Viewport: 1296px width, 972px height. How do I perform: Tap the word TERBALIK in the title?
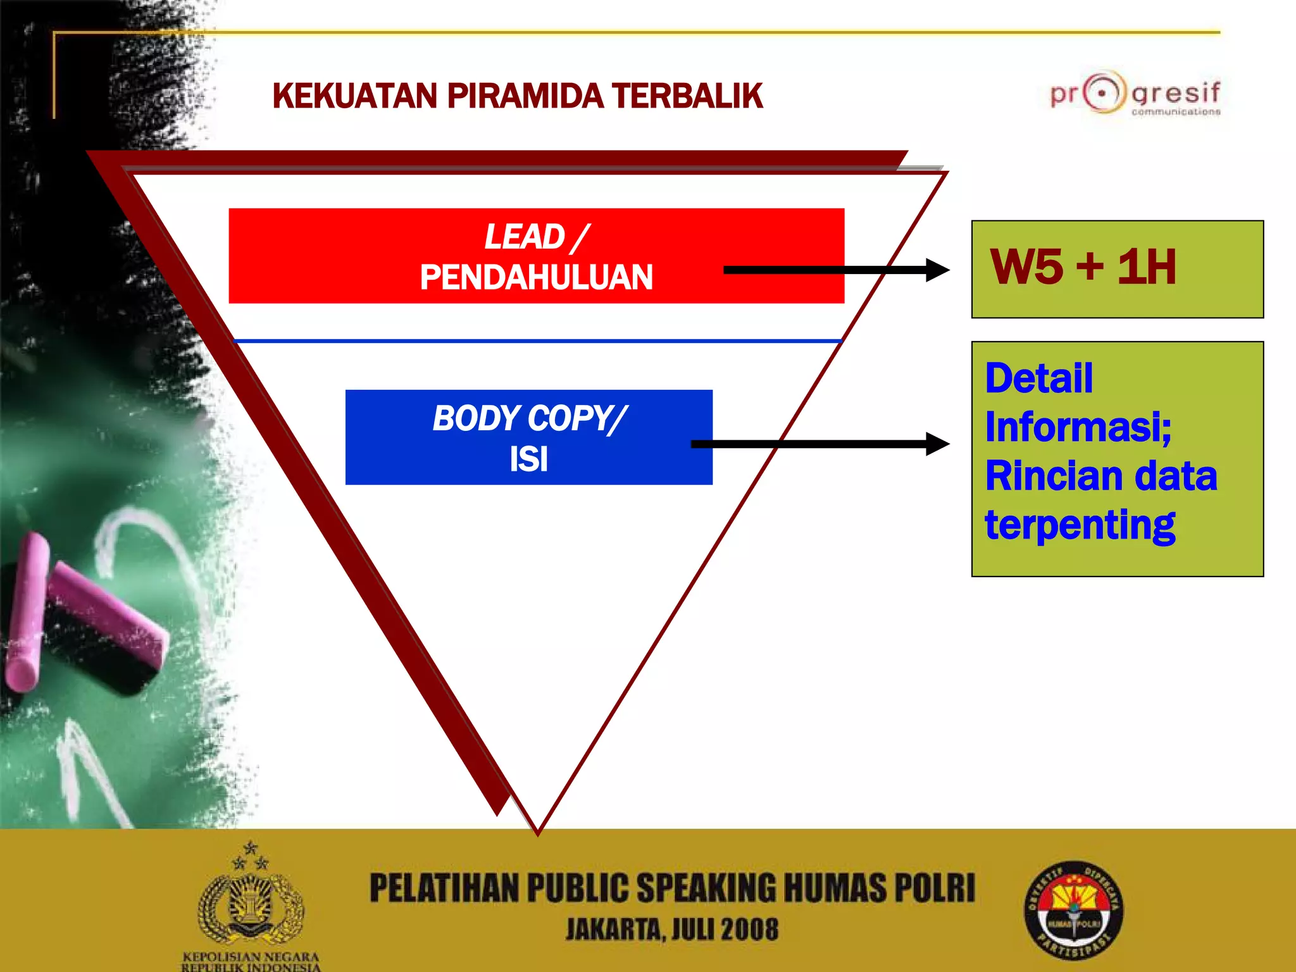coord(687,96)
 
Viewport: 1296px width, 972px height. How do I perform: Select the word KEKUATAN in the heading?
coord(355,96)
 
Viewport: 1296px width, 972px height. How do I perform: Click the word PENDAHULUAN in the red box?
coord(536,277)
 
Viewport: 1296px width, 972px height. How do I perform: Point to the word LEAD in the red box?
coord(525,237)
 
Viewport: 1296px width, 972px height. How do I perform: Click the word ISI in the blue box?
coord(528,459)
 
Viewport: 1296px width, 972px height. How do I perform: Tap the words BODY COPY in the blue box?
coord(522,418)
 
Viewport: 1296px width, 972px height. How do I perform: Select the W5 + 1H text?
coord(1083,267)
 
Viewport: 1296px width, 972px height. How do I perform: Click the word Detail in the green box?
coord(1039,378)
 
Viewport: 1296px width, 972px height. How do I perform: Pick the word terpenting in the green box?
coord(1080,525)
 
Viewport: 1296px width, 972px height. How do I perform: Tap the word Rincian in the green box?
coord(1034,476)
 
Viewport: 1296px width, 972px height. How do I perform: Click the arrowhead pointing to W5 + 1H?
coord(937,270)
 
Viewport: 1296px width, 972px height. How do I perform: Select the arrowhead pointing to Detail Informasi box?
coord(937,444)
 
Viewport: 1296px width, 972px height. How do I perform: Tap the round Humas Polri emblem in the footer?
coord(1073,911)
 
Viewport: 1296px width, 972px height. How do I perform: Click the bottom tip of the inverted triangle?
coord(537,832)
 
